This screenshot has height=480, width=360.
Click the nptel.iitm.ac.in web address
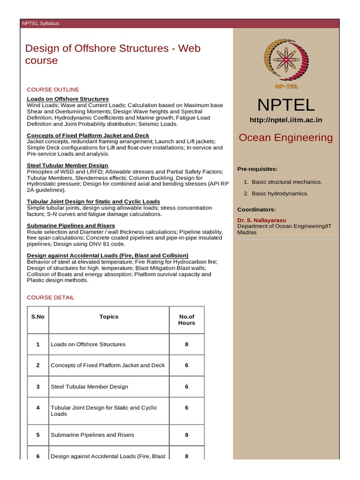pos(285,120)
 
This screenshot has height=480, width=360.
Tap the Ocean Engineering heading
pos(285,137)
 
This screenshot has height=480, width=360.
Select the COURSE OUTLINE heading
pos(53,90)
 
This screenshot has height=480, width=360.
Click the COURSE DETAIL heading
pos(51,298)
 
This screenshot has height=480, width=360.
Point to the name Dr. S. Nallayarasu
pos(262,220)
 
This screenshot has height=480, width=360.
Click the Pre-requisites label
pos(257,169)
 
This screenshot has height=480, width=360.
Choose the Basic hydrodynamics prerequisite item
pos(280,194)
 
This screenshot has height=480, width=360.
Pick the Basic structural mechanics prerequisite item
pos(287,182)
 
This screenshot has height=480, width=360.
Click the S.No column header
pos(38,317)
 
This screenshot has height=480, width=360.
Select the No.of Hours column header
pos(187,320)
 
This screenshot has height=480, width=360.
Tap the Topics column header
pos(109,317)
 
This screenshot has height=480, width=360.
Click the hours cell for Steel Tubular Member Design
pos(187,387)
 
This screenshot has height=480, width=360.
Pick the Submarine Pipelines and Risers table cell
pos(92,435)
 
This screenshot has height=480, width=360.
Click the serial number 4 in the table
pos(38,408)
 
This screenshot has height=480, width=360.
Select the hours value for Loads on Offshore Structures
pos(187,344)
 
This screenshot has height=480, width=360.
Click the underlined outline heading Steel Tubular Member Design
pos(67,165)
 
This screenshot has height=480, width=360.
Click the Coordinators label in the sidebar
pos(256,210)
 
